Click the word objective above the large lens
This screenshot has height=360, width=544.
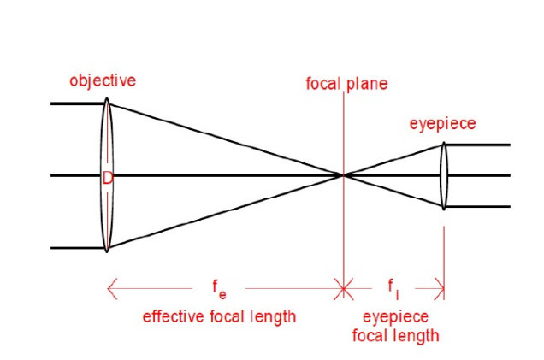(x=103, y=81)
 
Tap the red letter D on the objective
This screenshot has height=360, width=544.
(x=107, y=178)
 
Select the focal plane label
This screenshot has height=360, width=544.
(x=346, y=84)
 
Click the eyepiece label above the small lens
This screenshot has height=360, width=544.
(x=442, y=125)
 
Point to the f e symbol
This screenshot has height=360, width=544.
(x=220, y=289)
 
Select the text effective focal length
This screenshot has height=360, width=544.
(x=219, y=316)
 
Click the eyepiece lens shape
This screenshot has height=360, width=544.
(x=444, y=192)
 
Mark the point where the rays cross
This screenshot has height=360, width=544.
(x=344, y=175)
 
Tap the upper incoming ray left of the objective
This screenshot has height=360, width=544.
(x=77, y=103)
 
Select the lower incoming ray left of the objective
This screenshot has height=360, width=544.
(x=77, y=249)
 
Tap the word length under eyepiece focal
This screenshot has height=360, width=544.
(x=395, y=336)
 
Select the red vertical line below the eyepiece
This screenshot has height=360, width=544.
(x=444, y=248)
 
